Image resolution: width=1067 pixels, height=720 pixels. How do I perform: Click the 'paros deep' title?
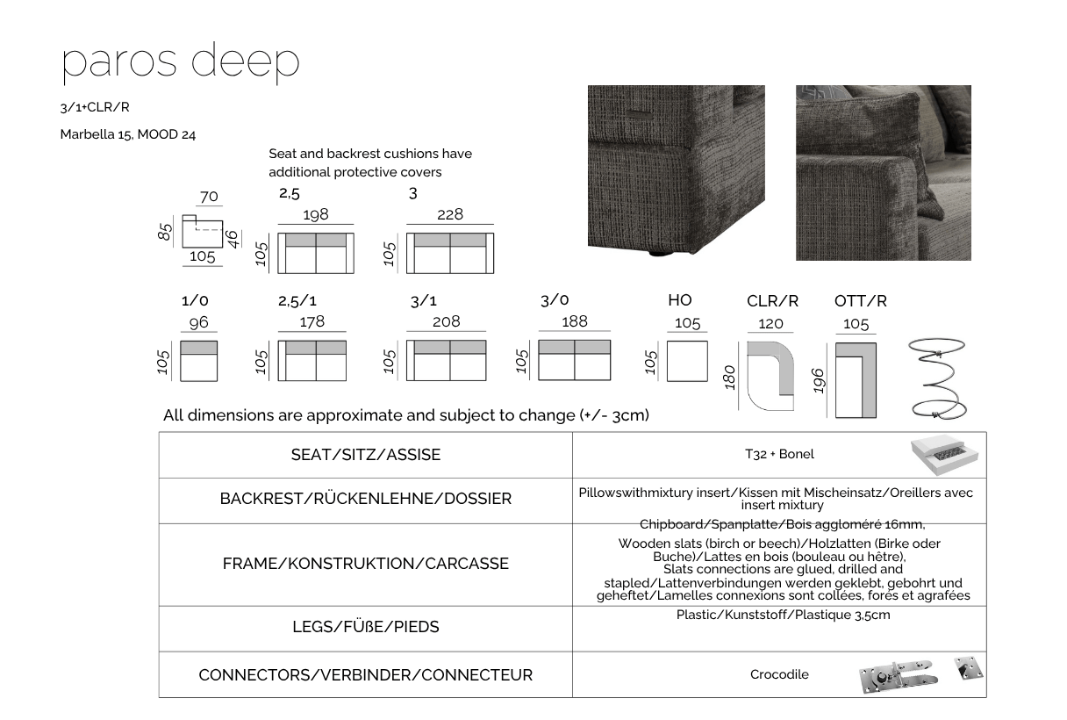pos(181,63)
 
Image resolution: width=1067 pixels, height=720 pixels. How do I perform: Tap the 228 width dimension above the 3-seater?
pos(450,214)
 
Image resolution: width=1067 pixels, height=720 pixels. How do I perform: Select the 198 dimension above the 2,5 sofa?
pos(316,214)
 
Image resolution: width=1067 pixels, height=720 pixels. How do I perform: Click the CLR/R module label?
pos(772,301)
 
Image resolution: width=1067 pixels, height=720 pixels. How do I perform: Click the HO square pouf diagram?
pos(687,361)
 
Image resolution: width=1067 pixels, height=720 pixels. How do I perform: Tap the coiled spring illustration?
pos(937,378)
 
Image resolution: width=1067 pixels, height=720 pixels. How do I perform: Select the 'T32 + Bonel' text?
pos(779,454)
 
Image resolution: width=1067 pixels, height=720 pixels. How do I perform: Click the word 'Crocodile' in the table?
pos(779,674)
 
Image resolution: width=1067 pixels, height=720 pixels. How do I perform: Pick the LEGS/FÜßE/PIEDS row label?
pos(366,627)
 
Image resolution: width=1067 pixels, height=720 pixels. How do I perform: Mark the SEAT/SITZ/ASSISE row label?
pos(366,455)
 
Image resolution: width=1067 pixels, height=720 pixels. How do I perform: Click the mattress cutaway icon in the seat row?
pos(944,455)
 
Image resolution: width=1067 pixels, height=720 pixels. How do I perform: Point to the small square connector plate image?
pos(969,668)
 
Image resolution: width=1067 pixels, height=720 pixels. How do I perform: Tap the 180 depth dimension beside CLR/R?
pos(729,378)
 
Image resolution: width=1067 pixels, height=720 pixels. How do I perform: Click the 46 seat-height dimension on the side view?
pos(232,239)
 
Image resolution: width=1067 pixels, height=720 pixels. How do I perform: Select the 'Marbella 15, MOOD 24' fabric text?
pos(127,135)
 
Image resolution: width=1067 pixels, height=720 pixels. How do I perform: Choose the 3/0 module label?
pos(555,300)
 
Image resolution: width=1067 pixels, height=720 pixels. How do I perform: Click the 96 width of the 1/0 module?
pos(198,322)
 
